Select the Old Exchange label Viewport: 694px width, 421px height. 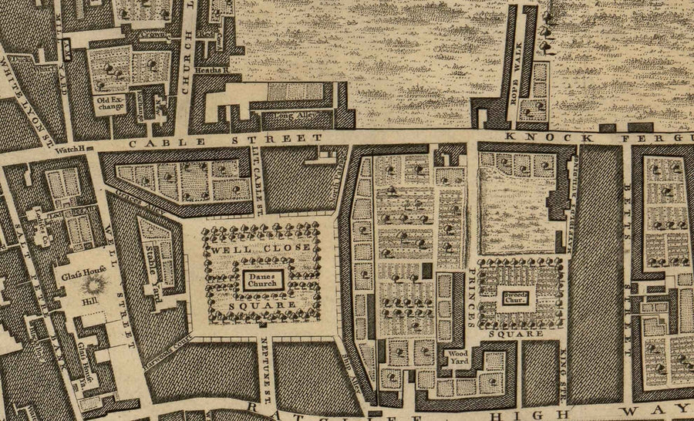tap(110, 103)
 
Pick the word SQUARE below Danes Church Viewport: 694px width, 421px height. tap(261, 307)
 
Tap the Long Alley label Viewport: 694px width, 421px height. tap(285, 117)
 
